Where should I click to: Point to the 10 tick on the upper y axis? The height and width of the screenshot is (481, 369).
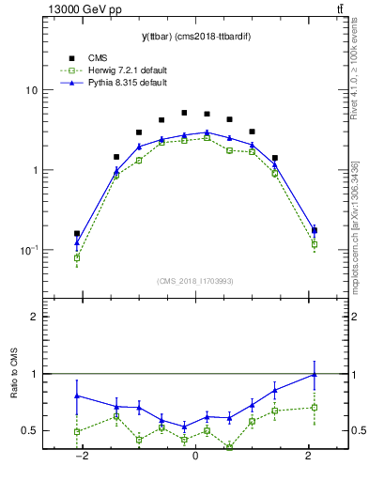(x=32, y=90)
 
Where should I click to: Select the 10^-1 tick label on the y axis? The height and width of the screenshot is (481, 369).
(x=30, y=250)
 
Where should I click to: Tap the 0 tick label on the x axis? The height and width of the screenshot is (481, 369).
(x=194, y=456)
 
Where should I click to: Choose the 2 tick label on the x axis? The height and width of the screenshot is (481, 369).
(x=308, y=456)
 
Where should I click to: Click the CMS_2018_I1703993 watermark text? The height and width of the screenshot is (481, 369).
(x=194, y=281)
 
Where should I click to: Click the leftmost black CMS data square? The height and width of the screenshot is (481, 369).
(x=77, y=234)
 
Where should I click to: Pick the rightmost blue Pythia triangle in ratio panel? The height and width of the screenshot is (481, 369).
(x=314, y=374)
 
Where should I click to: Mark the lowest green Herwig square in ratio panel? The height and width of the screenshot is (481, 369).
(x=229, y=447)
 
